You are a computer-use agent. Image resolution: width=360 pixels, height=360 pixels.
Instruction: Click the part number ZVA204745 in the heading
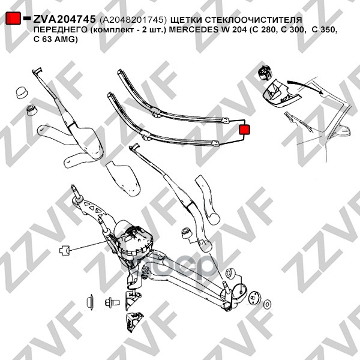64,19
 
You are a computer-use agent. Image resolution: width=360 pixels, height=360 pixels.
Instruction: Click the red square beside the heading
13,18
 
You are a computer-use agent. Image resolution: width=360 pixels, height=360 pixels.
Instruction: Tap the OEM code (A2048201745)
133,20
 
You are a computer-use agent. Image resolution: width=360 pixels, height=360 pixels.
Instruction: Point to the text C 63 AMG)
56,39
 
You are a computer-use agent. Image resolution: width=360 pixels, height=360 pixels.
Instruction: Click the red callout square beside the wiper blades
244,130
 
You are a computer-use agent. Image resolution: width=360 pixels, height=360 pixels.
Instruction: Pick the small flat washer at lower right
268,304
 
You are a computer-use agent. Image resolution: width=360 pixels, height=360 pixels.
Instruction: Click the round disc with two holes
254,298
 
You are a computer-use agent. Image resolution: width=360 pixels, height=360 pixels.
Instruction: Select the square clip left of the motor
65,250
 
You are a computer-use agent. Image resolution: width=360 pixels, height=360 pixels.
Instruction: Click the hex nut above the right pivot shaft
230,274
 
